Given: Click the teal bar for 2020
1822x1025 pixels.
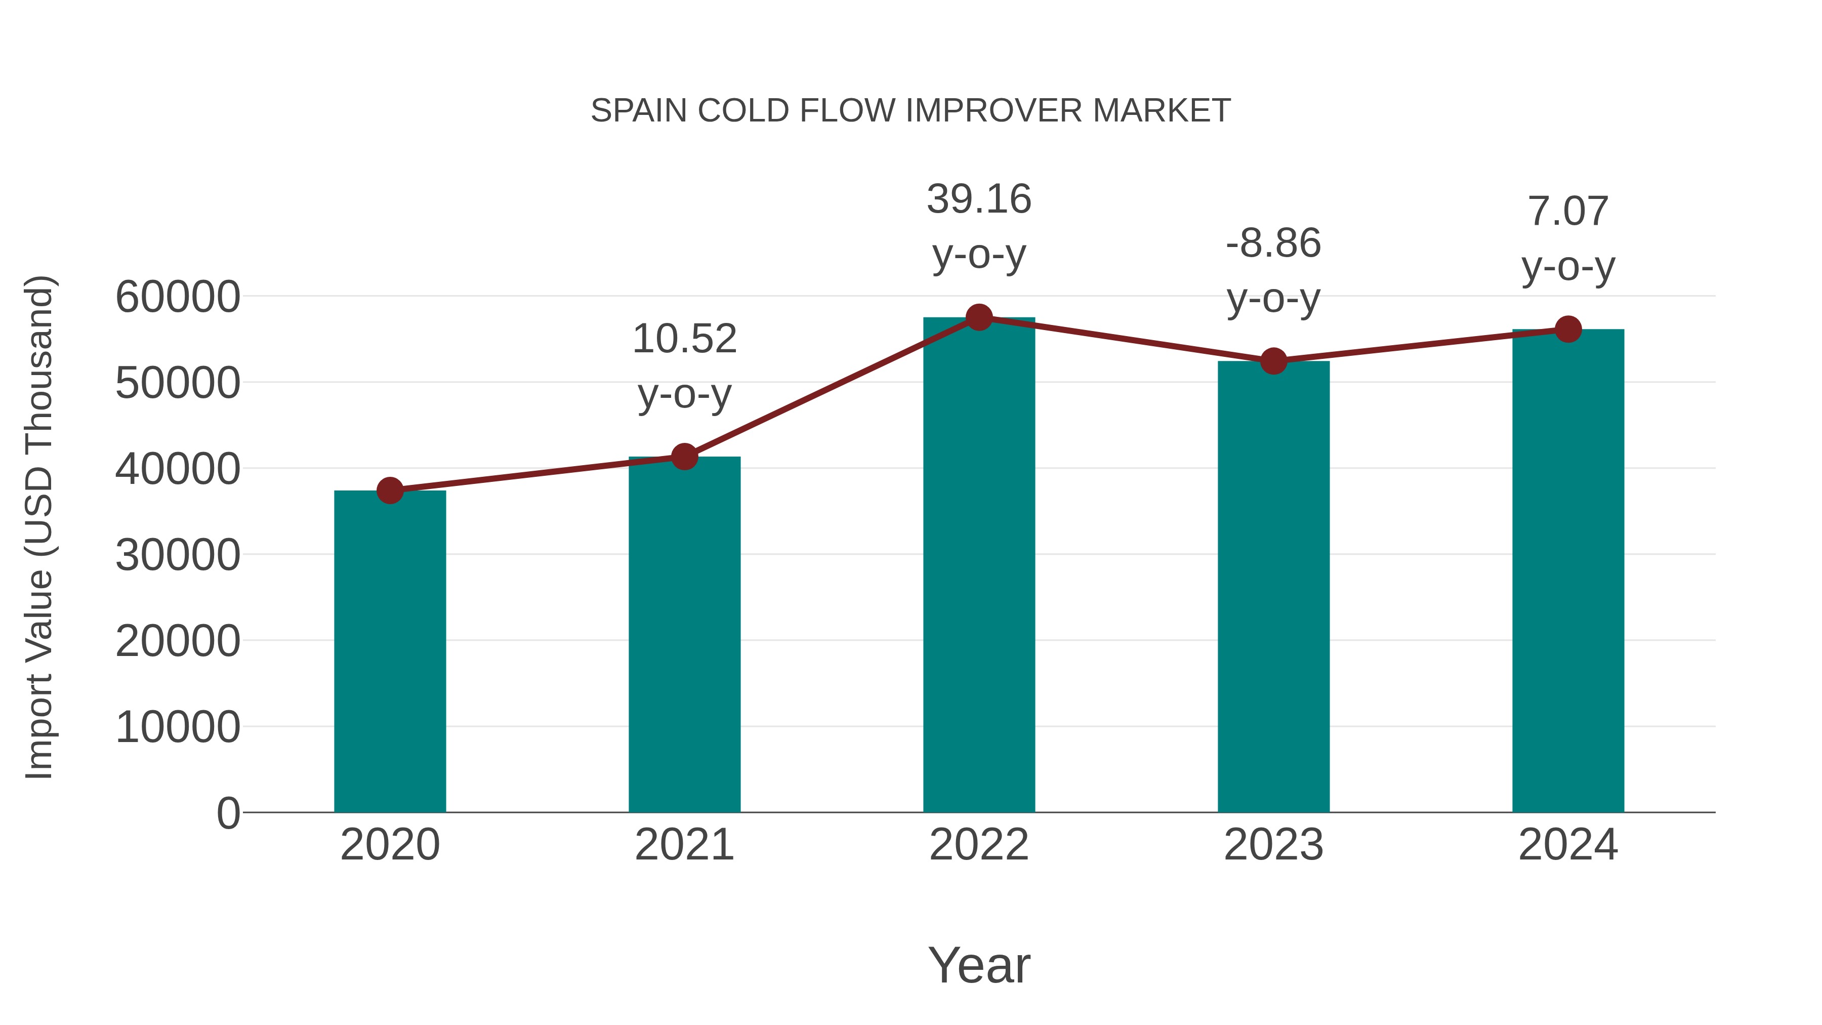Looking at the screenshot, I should (390, 651).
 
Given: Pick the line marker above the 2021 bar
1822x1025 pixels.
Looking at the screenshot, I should (684, 457).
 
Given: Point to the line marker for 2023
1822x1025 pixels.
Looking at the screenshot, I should (1273, 361).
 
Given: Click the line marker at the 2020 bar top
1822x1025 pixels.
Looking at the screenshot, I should (390, 490).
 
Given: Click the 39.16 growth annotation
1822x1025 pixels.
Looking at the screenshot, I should (979, 199).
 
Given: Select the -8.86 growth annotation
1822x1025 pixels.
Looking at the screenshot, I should (1273, 243).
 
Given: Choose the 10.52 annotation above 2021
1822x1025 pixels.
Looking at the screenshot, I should (684, 338).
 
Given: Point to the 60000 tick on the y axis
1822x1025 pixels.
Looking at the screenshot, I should (178, 297).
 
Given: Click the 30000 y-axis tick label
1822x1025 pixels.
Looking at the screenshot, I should (178, 555).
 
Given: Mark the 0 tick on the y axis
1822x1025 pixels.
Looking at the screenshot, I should (228, 813).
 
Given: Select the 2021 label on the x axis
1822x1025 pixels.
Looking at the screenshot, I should (684, 845).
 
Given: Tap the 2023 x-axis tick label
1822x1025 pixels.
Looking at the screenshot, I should (1273, 845).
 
